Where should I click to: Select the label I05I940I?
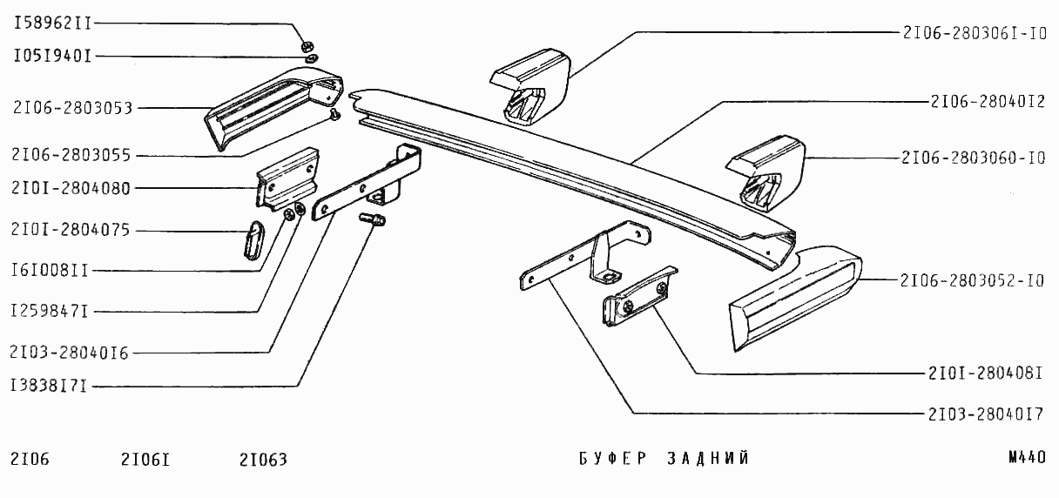(x=52, y=57)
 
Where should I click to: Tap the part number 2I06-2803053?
(x=72, y=109)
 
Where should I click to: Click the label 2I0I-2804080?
(x=71, y=189)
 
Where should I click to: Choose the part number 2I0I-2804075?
(x=71, y=231)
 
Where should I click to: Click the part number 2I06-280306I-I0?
(x=974, y=33)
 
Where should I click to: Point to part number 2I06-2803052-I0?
(x=973, y=281)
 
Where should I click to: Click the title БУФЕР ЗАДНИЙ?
(x=664, y=459)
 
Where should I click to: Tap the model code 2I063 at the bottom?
(x=262, y=459)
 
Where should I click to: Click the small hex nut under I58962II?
(x=307, y=45)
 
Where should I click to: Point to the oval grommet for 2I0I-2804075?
(x=251, y=239)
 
